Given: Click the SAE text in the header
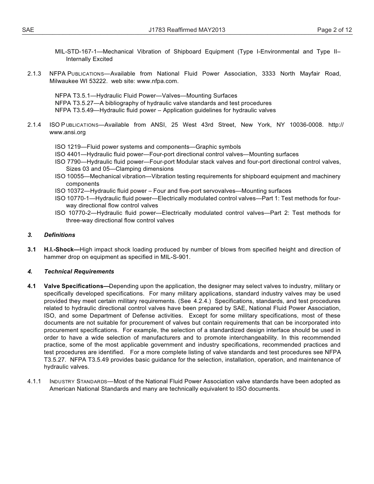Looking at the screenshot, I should pyautogui.click(x=28, y=30).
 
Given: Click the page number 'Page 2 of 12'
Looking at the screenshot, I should pyautogui.click(x=334, y=30).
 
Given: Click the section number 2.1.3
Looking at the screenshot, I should pyautogui.click(x=34, y=74).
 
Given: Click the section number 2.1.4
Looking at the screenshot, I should pyautogui.click(x=34, y=125).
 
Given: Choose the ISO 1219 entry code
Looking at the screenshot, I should pyautogui.click(x=68, y=147).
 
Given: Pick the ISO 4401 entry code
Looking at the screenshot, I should pyautogui.click(x=68, y=154).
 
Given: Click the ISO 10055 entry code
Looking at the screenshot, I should pyautogui.click(x=70, y=176).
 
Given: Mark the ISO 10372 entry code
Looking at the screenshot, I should pyautogui.click(x=70, y=191).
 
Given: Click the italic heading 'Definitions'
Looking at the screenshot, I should pyautogui.click(x=59, y=235).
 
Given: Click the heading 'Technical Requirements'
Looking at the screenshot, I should pyautogui.click(x=79, y=272).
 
